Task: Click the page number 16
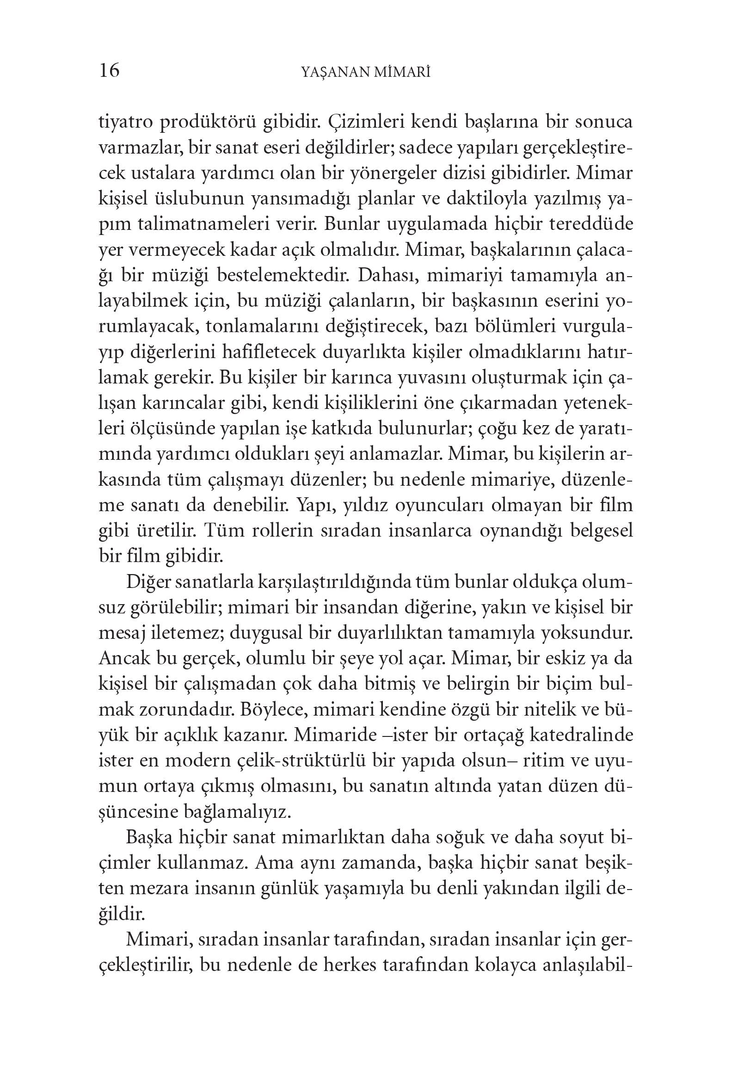(x=109, y=71)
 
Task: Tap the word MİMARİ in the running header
(x=401, y=72)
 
